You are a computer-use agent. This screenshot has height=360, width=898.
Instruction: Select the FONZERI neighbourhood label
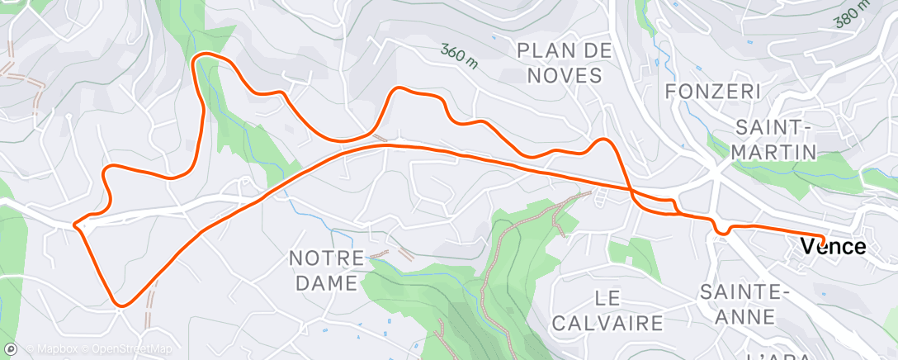pyautogui.click(x=711, y=90)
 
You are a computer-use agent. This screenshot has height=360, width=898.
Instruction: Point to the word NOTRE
pyautogui.click(x=326, y=258)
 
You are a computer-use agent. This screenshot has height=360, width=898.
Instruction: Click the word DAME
pyautogui.click(x=324, y=283)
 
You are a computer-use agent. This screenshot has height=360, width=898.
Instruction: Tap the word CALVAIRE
pyautogui.click(x=607, y=321)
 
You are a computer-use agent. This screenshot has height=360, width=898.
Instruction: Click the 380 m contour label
pyautogui.click(x=853, y=13)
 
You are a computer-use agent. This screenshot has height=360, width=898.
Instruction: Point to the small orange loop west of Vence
pyautogui.click(x=722, y=229)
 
